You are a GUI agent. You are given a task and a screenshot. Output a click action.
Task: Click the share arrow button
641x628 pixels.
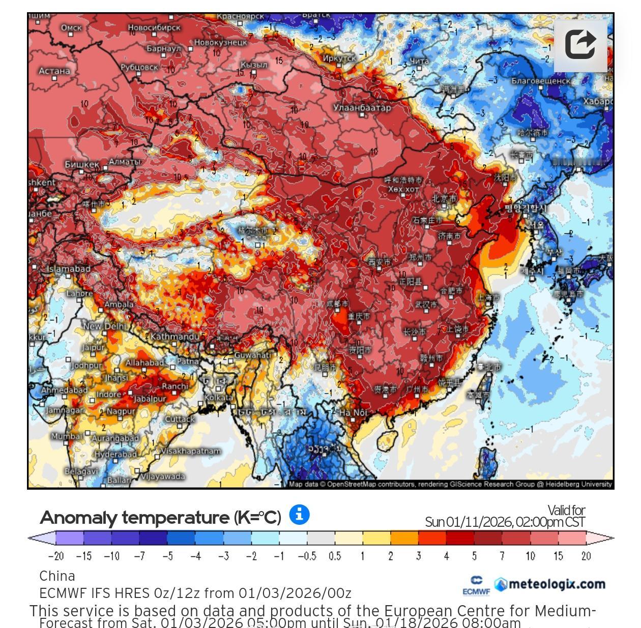(580, 44)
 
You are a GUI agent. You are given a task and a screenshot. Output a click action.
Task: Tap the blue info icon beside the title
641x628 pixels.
(299, 515)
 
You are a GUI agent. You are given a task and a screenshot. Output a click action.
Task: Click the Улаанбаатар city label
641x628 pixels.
(362, 107)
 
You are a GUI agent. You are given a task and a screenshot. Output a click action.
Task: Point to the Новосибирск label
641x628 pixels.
(154, 27)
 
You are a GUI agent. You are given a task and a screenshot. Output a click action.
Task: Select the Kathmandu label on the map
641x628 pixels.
(174, 337)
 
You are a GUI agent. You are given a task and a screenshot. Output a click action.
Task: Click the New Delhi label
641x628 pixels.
(105, 326)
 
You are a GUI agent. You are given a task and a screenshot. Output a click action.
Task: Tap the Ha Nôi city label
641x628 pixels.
(353, 412)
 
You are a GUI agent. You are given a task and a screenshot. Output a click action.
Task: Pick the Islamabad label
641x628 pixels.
(69, 268)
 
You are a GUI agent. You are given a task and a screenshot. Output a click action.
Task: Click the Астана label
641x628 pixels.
(54, 71)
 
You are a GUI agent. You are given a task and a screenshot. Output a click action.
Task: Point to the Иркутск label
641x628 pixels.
(339, 58)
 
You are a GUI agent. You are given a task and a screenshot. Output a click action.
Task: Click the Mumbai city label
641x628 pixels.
(67, 436)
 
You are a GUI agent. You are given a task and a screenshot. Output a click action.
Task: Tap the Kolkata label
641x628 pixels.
(219, 398)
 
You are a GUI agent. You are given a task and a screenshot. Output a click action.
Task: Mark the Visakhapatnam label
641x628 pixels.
(191, 451)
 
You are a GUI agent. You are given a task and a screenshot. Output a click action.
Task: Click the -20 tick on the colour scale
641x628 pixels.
(55, 556)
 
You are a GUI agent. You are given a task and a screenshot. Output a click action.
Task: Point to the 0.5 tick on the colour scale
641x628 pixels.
(334, 556)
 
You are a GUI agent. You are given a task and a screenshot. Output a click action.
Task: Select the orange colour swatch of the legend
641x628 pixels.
(404, 538)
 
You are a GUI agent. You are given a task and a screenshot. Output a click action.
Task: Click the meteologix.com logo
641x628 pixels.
(550, 584)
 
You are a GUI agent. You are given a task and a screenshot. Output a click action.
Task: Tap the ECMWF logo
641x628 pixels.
(476, 585)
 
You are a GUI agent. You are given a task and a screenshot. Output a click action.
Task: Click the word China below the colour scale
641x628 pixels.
(57, 576)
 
